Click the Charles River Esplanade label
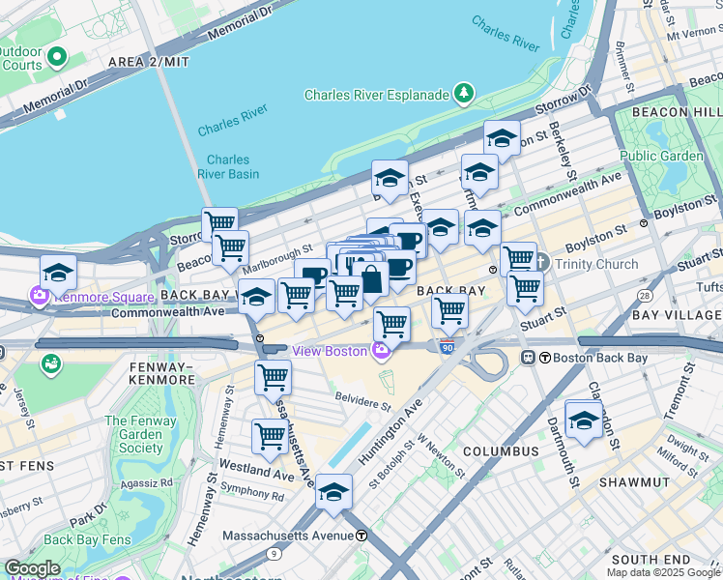coord(377,95)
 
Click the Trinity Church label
coord(595,264)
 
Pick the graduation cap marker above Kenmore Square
coord(58,273)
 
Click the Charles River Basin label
coord(227,166)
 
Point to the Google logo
coord(32,568)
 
